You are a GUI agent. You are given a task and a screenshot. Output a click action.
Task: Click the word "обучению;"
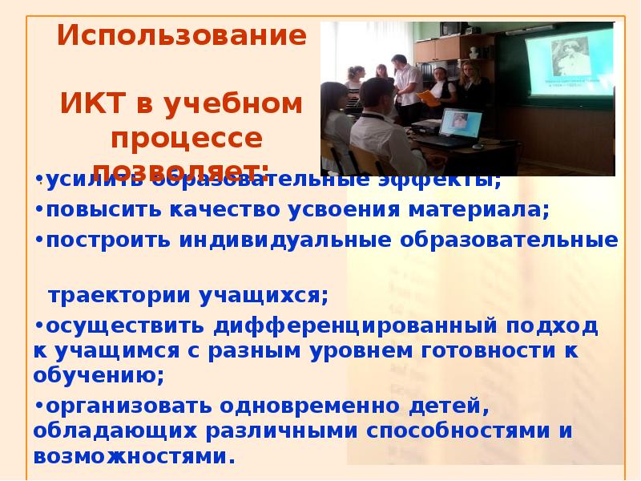(x=99, y=374)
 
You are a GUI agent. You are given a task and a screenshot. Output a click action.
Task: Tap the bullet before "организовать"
(x=39, y=406)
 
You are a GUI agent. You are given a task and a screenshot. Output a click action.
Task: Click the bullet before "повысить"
(x=39, y=210)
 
